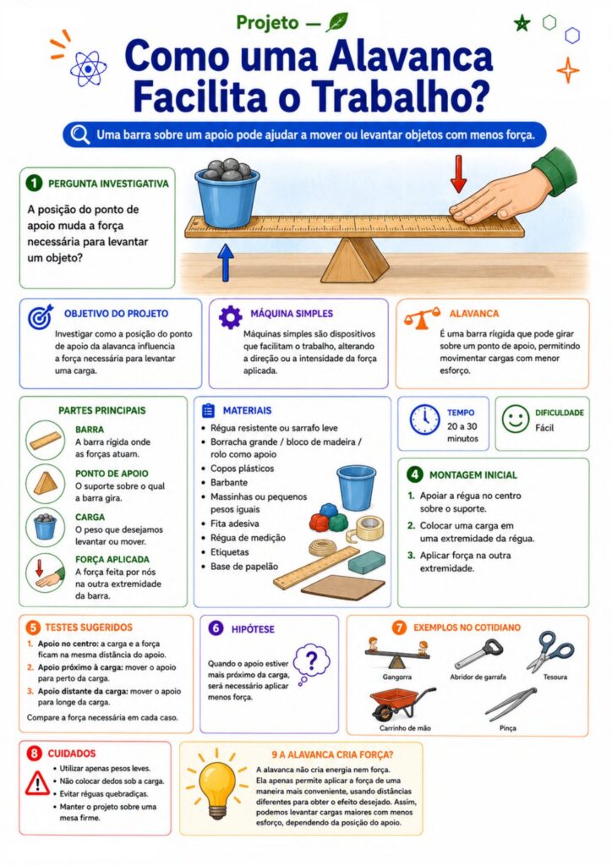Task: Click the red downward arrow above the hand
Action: [x=458, y=174]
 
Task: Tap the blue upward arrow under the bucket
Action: [x=225, y=262]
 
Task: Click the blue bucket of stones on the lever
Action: [x=227, y=194]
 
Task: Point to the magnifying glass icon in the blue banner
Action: [x=80, y=134]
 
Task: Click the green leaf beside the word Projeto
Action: [x=336, y=22]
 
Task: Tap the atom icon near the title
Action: [x=88, y=69]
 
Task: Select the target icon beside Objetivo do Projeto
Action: [x=41, y=316]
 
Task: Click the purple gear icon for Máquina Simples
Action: [x=230, y=317]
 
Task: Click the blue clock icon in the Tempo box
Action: [x=425, y=419]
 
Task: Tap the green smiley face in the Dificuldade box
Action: [x=516, y=419]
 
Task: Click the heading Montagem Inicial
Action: [x=473, y=475]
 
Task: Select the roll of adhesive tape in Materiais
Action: [x=369, y=528]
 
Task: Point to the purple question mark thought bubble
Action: [x=311, y=663]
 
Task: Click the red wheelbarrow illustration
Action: [x=402, y=703]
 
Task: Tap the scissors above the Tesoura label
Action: [x=550, y=651]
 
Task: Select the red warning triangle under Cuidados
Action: [x=37, y=782]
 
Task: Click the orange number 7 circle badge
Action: [x=399, y=628]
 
